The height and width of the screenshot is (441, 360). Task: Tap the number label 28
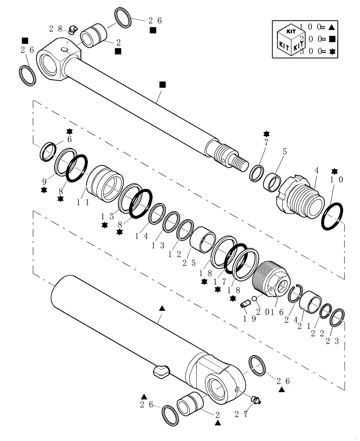55,29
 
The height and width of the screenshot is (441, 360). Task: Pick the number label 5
285,151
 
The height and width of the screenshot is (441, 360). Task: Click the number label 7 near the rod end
266,143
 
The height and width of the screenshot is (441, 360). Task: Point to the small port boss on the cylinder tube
161,370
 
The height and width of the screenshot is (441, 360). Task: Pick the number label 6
69,139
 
